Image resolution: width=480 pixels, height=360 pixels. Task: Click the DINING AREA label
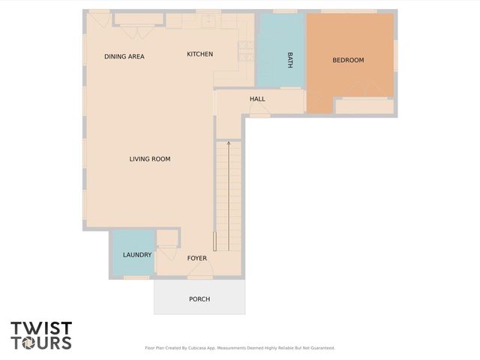click(x=124, y=56)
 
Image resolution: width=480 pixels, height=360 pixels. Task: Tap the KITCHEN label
click(x=199, y=54)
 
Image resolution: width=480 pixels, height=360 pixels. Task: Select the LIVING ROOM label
click(x=150, y=159)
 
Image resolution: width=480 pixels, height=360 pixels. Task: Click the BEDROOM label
click(x=348, y=60)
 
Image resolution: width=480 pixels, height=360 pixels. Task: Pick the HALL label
click(x=257, y=99)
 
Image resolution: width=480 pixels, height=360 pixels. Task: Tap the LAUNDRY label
click(x=137, y=255)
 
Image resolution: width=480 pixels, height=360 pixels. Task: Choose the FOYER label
click(x=197, y=259)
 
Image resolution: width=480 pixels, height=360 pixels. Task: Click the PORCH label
click(x=199, y=299)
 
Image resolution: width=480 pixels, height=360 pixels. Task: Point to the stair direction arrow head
click(x=229, y=142)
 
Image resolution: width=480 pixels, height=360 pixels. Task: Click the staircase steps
click(x=229, y=195)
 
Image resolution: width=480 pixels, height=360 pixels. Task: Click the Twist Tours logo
click(x=41, y=335)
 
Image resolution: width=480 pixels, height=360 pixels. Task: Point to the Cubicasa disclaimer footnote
click(x=239, y=348)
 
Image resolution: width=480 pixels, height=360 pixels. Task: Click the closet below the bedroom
click(x=364, y=106)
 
